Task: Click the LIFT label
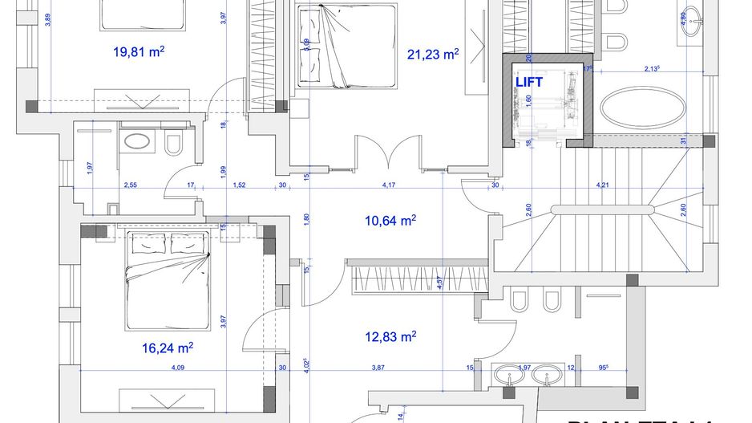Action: tap(529, 82)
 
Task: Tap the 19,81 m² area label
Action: tap(139, 52)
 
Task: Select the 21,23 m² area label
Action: tap(433, 55)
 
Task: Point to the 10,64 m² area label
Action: tap(390, 220)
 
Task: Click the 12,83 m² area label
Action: tap(389, 336)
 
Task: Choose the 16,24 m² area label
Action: tap(168, 348)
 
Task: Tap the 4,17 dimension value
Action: tap(390, 185)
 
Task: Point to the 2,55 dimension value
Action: tap(131, 185)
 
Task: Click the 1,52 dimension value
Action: tap(239, 185)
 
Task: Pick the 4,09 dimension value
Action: tap(178, 368)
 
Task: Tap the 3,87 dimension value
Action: tap(378, 368)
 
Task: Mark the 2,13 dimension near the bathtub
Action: tap(653, 70)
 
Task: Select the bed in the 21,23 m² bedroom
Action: tap(346, 47)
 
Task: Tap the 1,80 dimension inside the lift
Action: tap(529, 104)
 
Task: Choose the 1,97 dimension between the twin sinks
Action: tap(525, 368)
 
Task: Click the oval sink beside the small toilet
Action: tap(139, 142)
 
